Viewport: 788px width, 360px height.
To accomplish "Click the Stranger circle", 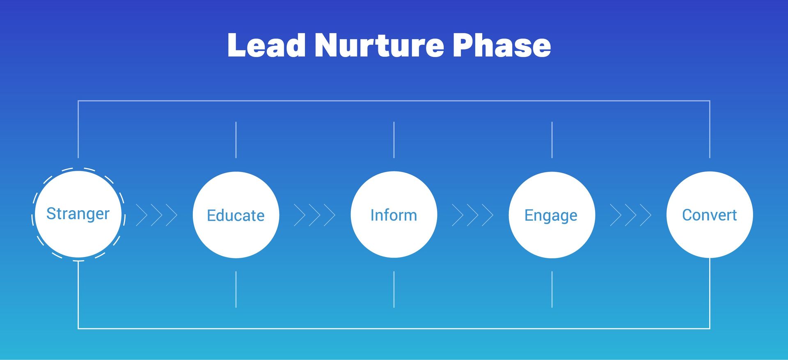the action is [x=78, y=214].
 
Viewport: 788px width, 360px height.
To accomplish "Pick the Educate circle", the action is [x=236, y=215].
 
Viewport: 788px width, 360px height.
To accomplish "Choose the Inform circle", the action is [x=394, y=215].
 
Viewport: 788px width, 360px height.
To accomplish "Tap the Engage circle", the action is [x=552, y=215].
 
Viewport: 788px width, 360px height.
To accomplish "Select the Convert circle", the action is [x=710, y=215].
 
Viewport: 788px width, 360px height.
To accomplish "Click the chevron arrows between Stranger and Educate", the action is [x=157, y=215].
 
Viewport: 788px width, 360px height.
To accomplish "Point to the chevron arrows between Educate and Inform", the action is [x=315, y=215].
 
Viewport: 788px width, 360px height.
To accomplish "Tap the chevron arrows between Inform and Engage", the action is [x=473, y=215].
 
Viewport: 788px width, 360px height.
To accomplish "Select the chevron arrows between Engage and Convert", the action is [x=631, y=215].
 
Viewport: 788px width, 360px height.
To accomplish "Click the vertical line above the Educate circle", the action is [x=236, y=140].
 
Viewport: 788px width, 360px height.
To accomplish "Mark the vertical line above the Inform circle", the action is [x=394, y=140].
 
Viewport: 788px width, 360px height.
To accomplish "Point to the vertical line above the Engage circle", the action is [x=552, y=140].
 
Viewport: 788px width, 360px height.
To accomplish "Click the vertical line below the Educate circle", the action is [x=236, y=289].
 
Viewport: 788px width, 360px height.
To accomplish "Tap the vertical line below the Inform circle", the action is [x=394, y=289].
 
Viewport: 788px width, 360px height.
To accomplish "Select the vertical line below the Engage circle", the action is [x=552, y=289].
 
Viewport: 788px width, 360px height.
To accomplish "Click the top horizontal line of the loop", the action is [x=394, y=101].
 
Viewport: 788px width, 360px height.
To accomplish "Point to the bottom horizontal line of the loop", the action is [x=394, y=328].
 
